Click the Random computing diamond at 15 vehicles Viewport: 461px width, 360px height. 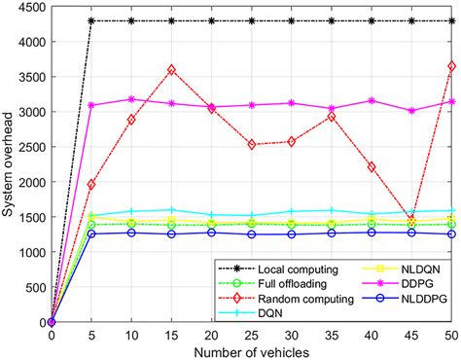click(171, 70)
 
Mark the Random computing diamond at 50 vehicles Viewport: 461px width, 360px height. click(450, 66)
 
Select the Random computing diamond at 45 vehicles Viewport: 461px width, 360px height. click(410, 219)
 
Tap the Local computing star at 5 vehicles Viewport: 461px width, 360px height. click(91, 20)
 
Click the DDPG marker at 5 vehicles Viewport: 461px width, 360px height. click(91, 105)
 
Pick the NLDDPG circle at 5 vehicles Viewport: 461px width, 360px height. click(91, 234)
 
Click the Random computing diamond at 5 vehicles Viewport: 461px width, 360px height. click(91, 184)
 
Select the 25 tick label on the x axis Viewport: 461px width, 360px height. click(251, 335)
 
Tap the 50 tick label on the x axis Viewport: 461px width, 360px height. click(450, 335)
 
